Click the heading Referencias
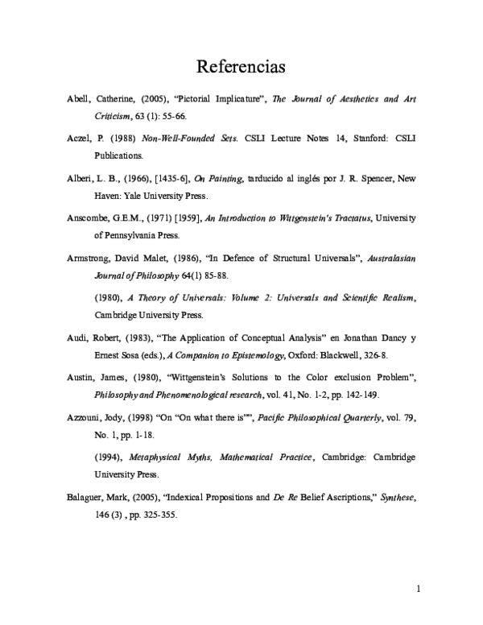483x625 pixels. [242, 64]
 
